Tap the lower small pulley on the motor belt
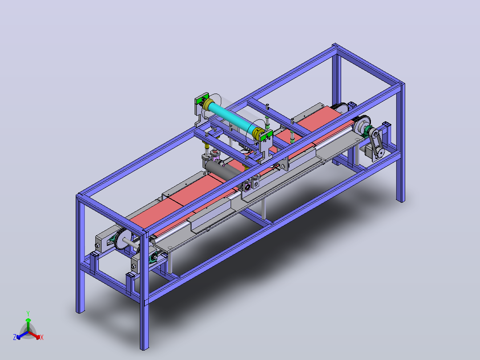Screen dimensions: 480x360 pyautogui.click(x=380, y=151)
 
